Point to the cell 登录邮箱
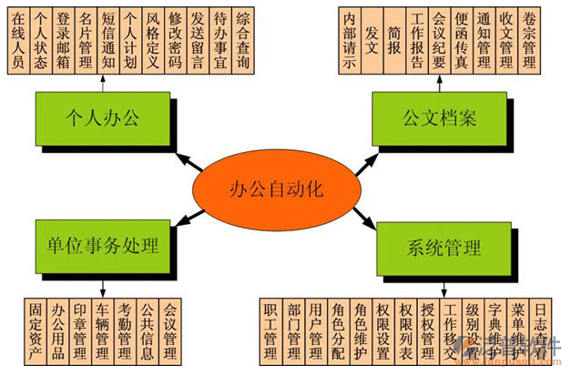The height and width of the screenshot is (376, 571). [x=64, y=41]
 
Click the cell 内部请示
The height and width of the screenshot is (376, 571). [x=350, y=41]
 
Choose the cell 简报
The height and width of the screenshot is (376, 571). [x=394, y=41]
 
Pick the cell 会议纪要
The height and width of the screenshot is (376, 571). [x=439, y=41]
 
